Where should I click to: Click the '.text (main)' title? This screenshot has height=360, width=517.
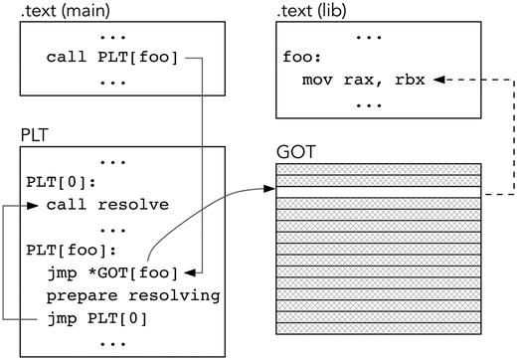(x=62, y=11)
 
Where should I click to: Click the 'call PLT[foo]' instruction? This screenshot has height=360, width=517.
(x=111, y=57)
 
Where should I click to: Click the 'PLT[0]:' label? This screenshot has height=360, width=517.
(x=56, y=183)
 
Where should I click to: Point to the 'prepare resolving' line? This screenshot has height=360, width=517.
(x=132, y=295)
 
